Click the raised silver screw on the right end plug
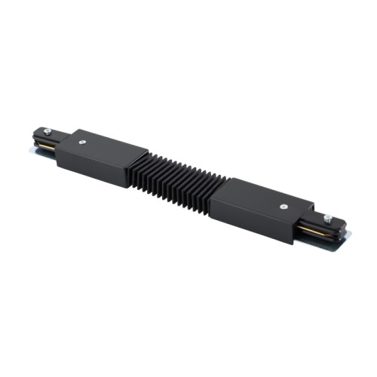click(x=328, y=219)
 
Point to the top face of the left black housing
click(x=106, y=147)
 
